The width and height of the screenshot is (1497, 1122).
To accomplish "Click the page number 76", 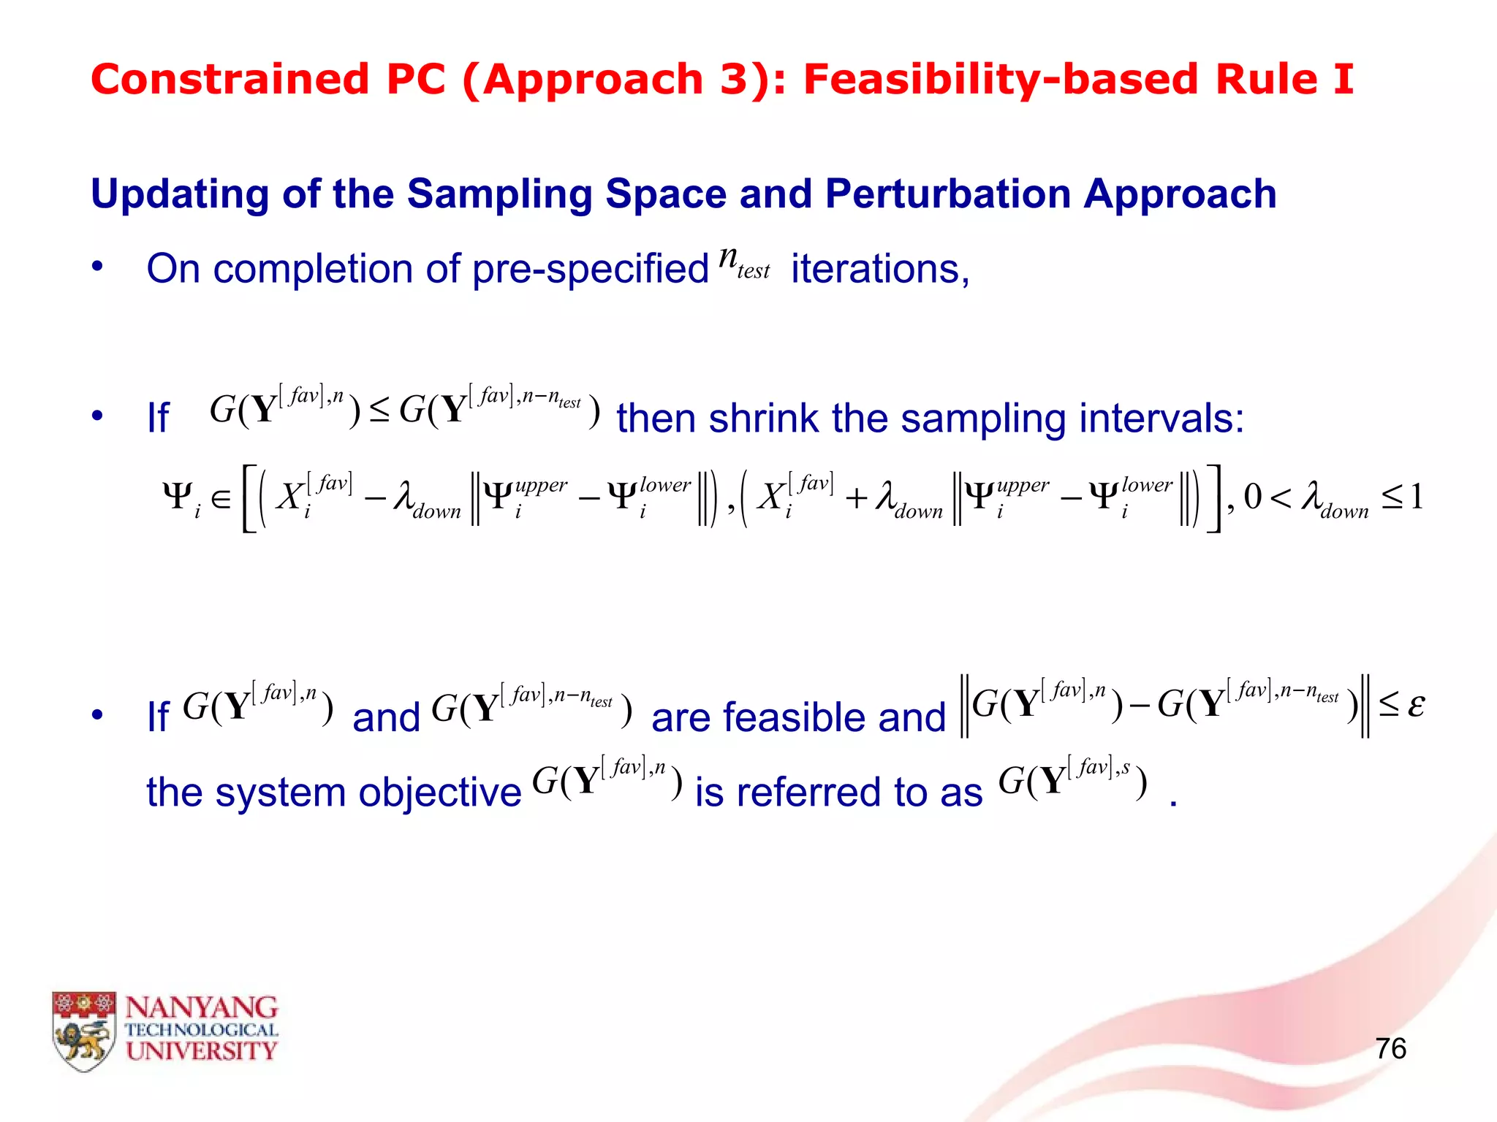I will (x=1390, y=1048).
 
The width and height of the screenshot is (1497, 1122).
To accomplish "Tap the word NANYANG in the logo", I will (x=201, y=1008).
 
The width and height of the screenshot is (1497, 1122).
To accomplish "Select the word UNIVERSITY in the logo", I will (x=201, y=1051).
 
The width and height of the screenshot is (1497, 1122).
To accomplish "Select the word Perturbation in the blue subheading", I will (x=947, y=194).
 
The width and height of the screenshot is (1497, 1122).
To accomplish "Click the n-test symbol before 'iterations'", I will (x=744, y=263).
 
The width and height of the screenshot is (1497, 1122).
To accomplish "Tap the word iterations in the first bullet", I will (x=880, y=269).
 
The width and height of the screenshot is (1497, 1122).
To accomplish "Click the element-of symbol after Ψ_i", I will (x=221, y=499).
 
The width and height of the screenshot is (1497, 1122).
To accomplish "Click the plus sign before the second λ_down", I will (x=856, y=499).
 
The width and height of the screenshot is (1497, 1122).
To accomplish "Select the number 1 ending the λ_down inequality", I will (x=1416, y=497).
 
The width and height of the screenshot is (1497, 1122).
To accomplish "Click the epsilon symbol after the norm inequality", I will (x=1416, y=706).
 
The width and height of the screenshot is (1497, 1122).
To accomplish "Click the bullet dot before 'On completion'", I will (x=97, y=267).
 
